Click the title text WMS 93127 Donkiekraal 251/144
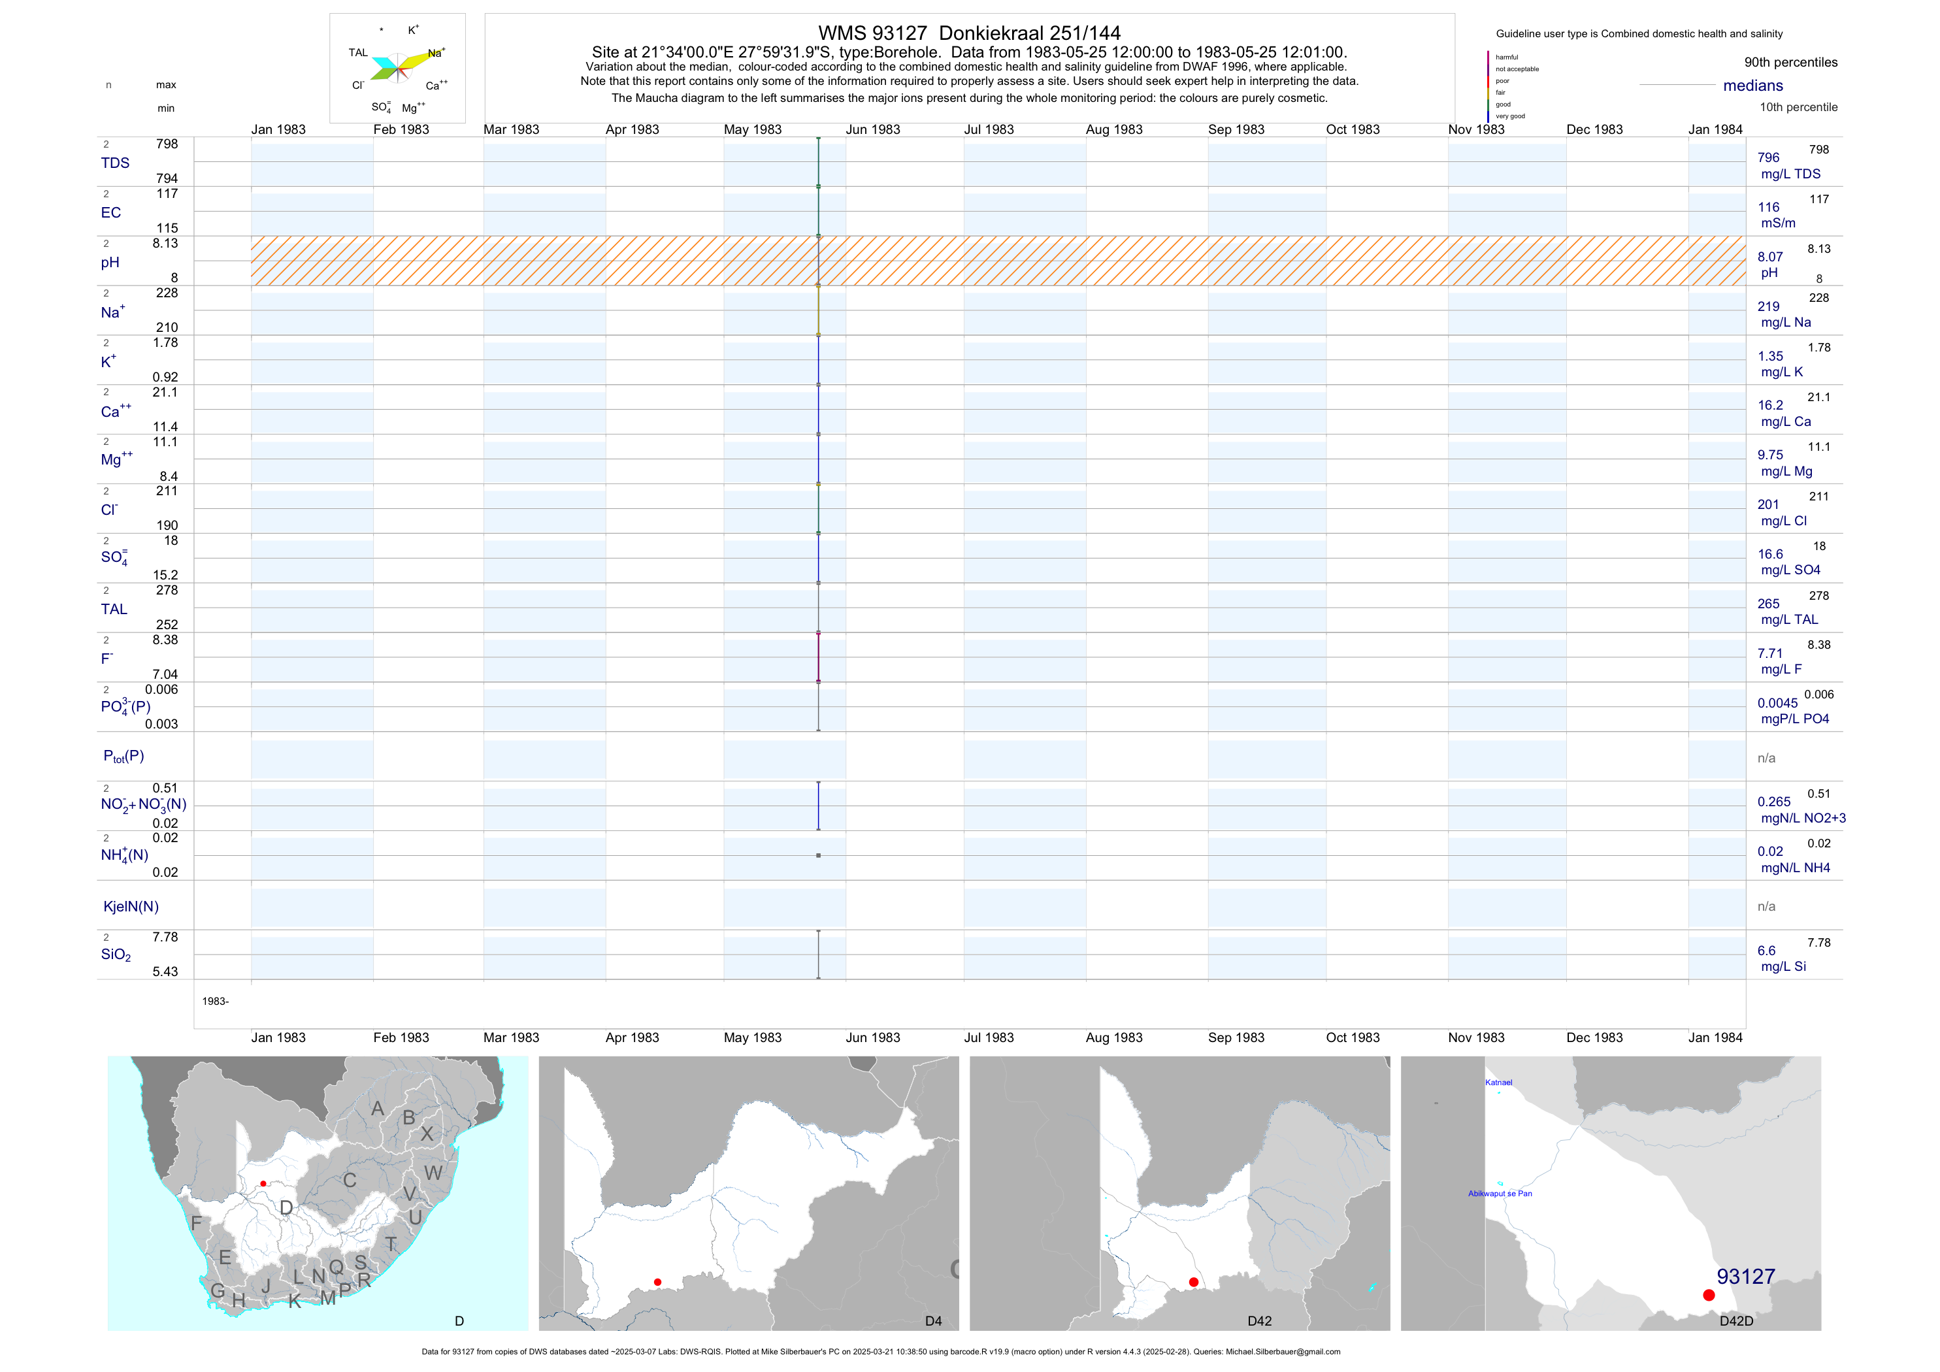point(969,33)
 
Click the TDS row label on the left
point(115,163)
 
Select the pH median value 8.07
point(1769,257)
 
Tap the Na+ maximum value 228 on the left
point(167,293)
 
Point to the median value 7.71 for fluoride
point(1769,653)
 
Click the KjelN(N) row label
point(130,907)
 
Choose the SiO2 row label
point(116,955)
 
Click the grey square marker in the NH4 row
point(818,856)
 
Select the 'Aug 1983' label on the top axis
point(1113,129)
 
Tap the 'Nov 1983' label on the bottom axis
point(1475,1037)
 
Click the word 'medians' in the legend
point(1752,86)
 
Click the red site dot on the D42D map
point(1709,1295)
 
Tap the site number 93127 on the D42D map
point(1746,1277)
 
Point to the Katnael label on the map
point(1498,1082)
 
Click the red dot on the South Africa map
point(263,1184)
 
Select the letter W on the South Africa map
point(433,1173)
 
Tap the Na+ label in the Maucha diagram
point(436,53)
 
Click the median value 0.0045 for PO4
point(1777,703)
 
